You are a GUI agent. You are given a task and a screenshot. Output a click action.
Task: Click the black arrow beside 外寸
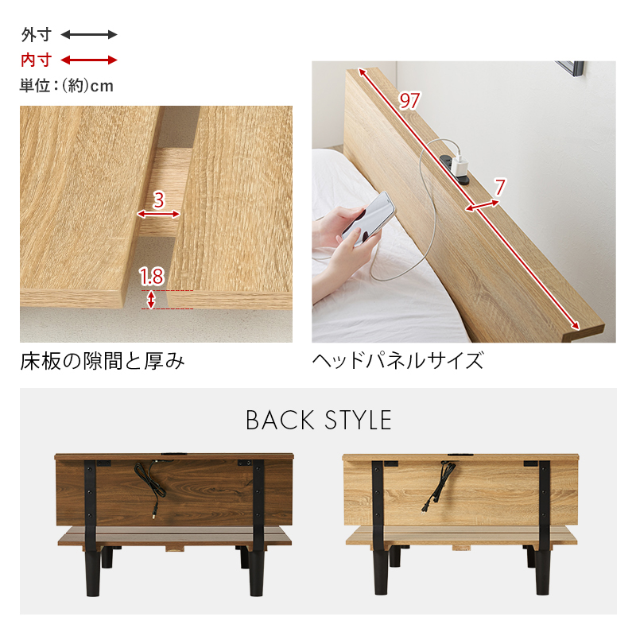pyautogui.click(x=89, y=35)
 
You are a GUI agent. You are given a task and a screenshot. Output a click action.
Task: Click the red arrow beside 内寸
pyautogui.click(x=89, y=60)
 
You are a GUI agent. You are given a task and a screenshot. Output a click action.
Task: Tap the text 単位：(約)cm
pyautogui.click(x=67, y=86)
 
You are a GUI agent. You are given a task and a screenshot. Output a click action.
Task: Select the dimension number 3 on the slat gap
pyautogui.click(x=158, y=200)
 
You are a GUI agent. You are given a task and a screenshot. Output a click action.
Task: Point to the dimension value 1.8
pyautogui.click(x=151, y=277)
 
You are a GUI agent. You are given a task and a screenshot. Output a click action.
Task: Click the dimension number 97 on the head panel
pyautogui.click(x=409, y=101)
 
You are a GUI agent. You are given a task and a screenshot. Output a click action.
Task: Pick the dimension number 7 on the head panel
pyautogui.click(x=499, y=188)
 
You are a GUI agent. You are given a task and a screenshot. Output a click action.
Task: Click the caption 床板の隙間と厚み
pyautogui.click(x=103, y=362)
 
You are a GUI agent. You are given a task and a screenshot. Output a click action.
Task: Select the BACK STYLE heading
pyautogui.click(x=318, y=420)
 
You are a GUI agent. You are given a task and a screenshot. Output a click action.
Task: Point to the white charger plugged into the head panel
pyautogui.click(x=458, y=162)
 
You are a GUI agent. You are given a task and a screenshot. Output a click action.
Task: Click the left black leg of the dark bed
pyautogui.click(x=93, y=568)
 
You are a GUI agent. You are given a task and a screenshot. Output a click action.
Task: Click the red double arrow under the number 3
pyautogui.click(x=158, y=214)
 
